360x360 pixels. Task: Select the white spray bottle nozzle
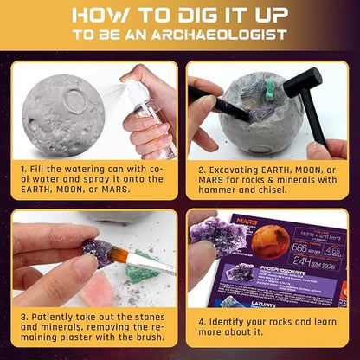pos(125,85)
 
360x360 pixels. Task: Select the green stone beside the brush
pos(144,267)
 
